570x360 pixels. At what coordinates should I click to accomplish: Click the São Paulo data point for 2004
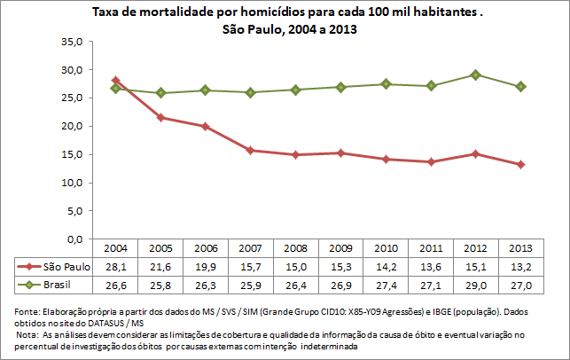(x=115, y=81)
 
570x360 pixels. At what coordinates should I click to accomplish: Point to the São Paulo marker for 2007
(x=250, y=151)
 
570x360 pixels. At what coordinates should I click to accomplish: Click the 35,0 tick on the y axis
(x=70, y=42)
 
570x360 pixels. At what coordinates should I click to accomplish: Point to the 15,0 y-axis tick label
(x=70, y=155)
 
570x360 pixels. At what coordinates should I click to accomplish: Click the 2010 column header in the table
(x=385, y=248)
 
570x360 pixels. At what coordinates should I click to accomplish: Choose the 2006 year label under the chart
(x=205, y=248)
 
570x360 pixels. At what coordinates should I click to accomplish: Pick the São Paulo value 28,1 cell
(x=115, y=267)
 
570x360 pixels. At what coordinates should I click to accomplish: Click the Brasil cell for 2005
(x=160, y=286)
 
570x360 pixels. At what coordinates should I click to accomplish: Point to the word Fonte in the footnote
(x=28, y=311)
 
